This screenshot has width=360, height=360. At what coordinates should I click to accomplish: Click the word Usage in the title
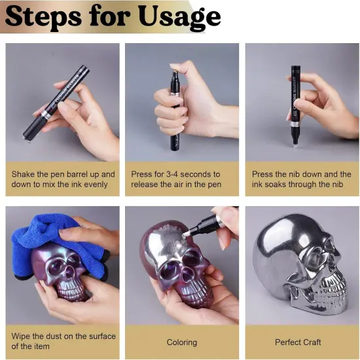[x=176, y=17]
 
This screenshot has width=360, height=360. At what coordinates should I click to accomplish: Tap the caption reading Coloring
[x=181, y=342]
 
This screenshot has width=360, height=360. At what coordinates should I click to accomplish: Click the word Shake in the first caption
[x=24, y=174]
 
